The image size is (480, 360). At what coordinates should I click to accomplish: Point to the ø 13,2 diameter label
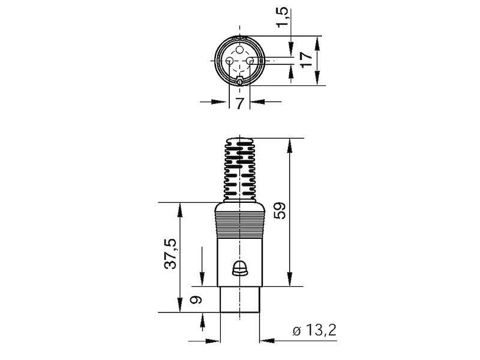tap(313, 330)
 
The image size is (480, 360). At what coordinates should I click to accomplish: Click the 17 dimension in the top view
tap(306, 59)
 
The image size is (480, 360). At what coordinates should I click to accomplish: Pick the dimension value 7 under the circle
tap(239, 103)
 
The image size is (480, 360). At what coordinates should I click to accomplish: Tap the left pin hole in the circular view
tap(230, 61)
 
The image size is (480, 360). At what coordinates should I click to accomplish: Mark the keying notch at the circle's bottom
tap(239, 81)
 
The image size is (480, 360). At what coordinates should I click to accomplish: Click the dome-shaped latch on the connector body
tap(239, 268)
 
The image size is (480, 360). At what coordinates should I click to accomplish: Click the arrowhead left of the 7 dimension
tap(223, 101)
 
